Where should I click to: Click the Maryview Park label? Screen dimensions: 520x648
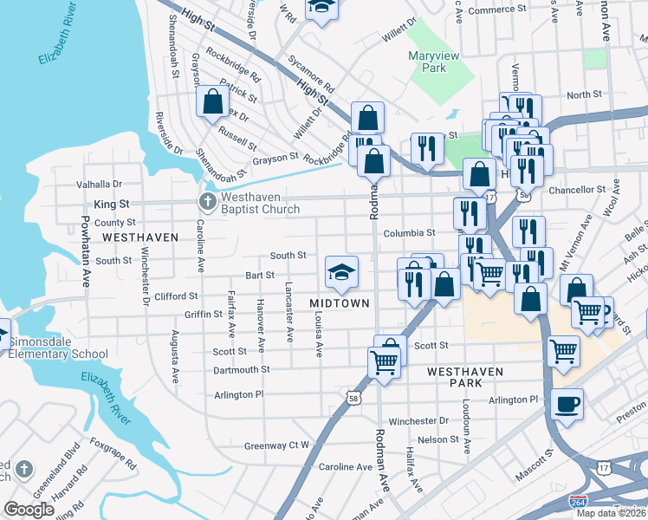tap(433, 62)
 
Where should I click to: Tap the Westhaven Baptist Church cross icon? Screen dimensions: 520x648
tap(208, 202)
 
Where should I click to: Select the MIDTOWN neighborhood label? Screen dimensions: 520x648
tap(340, 303)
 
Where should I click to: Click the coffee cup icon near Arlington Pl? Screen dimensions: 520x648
tap(567, 404)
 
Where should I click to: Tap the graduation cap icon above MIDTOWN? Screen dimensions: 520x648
tap(341, 272)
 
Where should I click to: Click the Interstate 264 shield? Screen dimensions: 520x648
tap(578, 502)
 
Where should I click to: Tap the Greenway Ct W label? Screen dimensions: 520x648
tap(276, 445)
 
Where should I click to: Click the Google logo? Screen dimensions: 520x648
tap(29, 510)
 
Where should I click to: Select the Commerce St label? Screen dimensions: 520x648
tap(492, 10)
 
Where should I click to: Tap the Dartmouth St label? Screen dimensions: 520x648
tap(242, 369)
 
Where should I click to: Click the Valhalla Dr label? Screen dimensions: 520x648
tap(100, 184)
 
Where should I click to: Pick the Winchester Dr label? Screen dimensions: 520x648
tap(418, 421)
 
